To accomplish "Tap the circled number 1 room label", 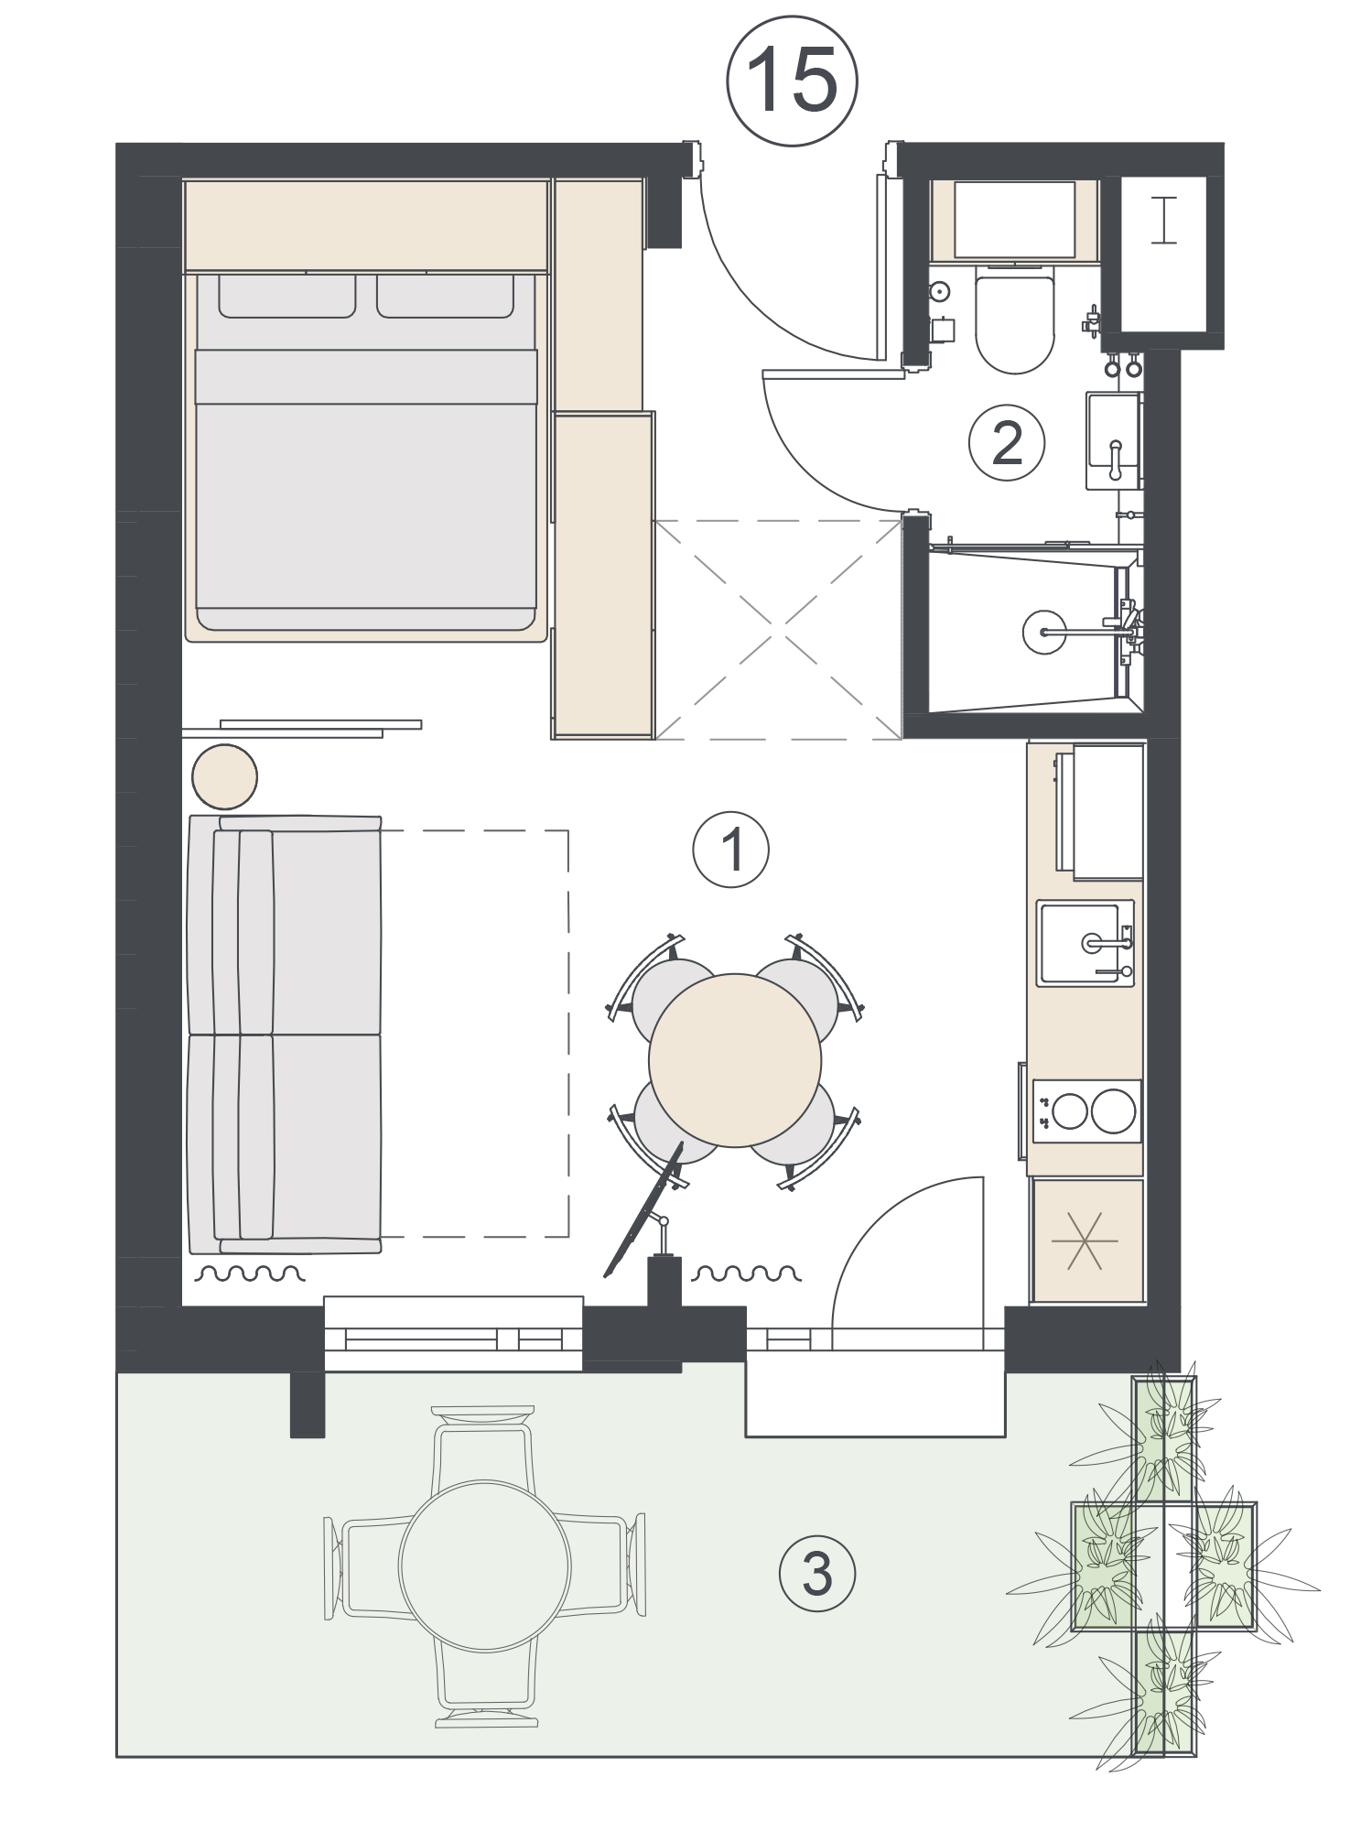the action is point(731,851).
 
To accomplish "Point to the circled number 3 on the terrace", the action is point(817,1574).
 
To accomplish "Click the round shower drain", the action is point(1045,630).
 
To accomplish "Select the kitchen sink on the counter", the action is point(1086,943).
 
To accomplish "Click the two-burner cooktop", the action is point(1087,1111).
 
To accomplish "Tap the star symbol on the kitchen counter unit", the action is point(1086,1241).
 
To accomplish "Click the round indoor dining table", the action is point(735,1059).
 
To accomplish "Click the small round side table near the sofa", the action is point(224,776).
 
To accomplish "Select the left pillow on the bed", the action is point(286,296).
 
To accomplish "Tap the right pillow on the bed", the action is point(445,296).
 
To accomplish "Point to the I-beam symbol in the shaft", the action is point(1163,220).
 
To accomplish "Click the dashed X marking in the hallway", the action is point(778,629).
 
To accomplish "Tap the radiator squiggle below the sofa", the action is point(252,1273).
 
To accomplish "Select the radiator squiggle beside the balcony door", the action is point(746,1273).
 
